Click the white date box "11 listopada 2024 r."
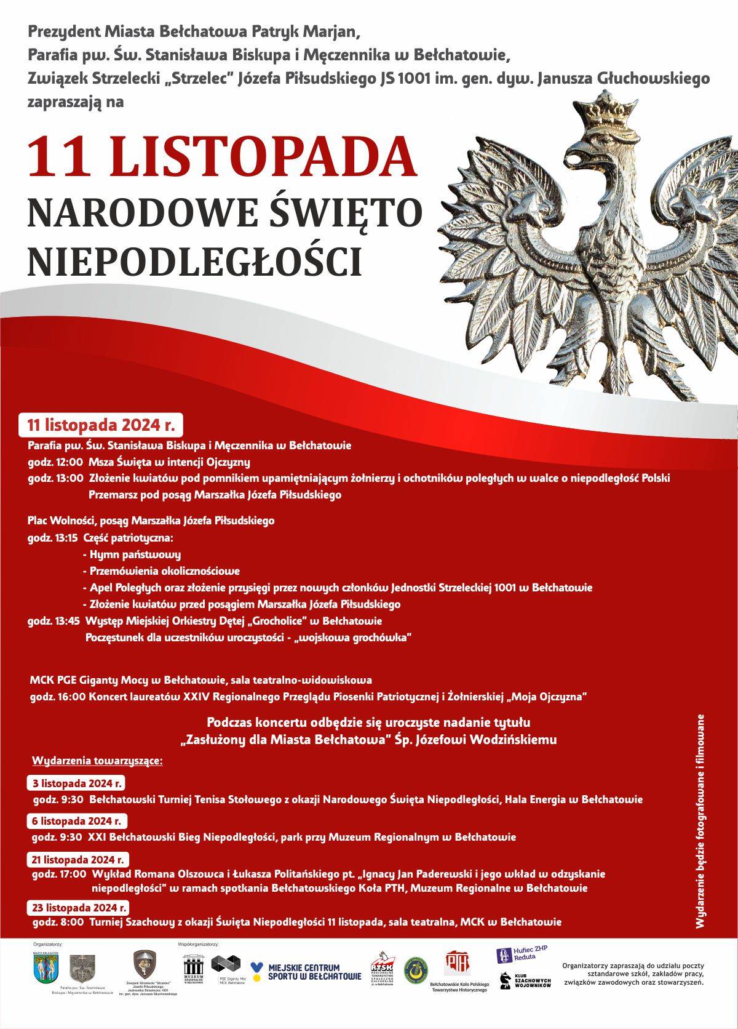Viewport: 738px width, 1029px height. (101, 425)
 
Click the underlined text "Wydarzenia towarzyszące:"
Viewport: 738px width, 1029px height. (97, 761)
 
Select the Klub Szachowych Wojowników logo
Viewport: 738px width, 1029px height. (525, 980)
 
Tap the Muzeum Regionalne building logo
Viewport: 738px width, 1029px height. (193, 969)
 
